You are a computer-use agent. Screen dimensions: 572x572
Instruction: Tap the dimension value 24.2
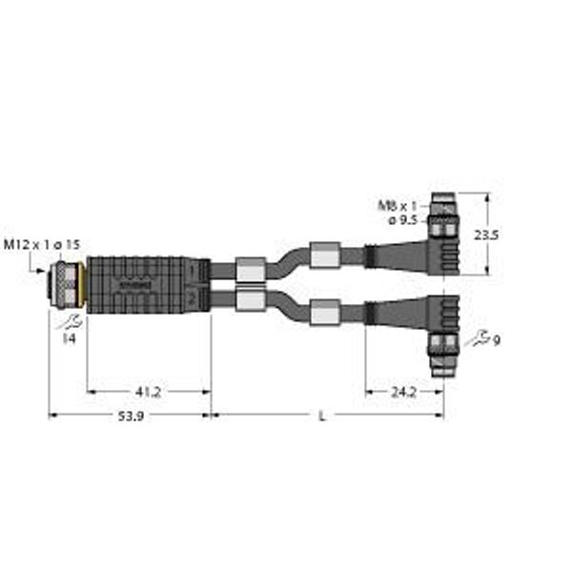point(403,391)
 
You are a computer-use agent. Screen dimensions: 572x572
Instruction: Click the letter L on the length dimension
point(321,417)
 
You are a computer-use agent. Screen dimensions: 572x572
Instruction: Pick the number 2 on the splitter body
point(193,298)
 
